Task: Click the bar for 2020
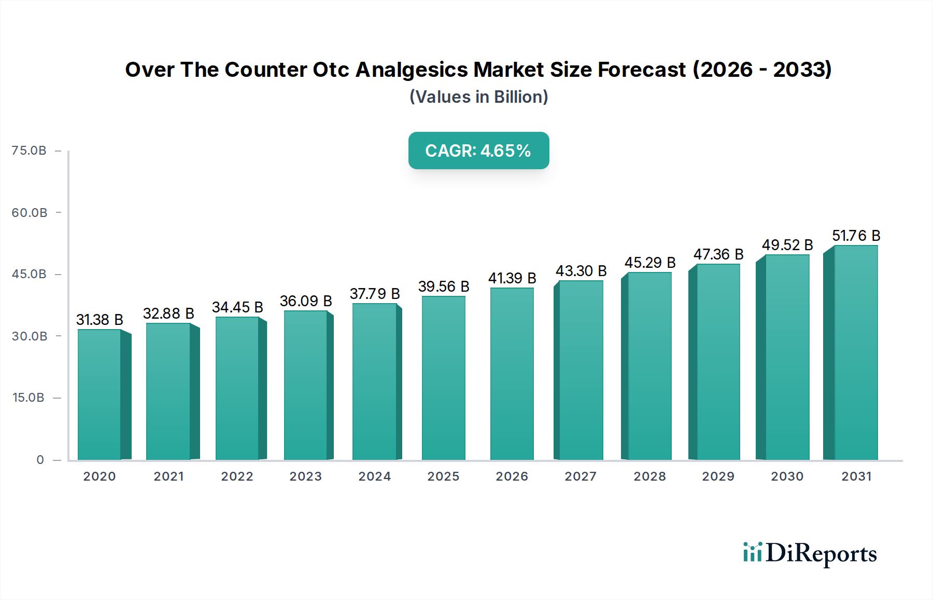pyautogui.click(x=100, y=394)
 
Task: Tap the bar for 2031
pyautogui.click(x=855, y=353)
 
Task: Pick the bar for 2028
pyautogui.click(x=649, y=366)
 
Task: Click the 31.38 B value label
pyautogui.click(x=100, y=320)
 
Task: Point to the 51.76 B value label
pyautogui.click(x=856, y=236)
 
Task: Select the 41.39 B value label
pyautogui.click(x=512, y=278)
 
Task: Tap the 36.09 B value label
pyautogui.click(x=306, y=301)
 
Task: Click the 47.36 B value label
pyautogui.click(x=718, y=254)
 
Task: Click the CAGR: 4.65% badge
pyautogui.click(x=478, y=151)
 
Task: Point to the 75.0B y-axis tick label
pyautogui.click(x=29, y=151)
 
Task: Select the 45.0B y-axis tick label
pyautogui.click(x=29, y=274)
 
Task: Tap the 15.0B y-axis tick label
pyautogui.click(x=29, y=398)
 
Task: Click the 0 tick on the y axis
pyautogui.click(x=40, y=460)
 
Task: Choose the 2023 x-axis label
pyautogui.click(x=306, y=476)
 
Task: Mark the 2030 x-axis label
pyautogui.click(x=787, y=476)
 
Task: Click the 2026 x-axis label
pyautogui.click(x=512, y=476)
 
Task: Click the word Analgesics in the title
pyautogui.click(x=412, y=70)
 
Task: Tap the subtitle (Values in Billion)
pyautogui.click(x=478, y=97)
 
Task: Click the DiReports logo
pyautogui.click(x=810, y=553)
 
